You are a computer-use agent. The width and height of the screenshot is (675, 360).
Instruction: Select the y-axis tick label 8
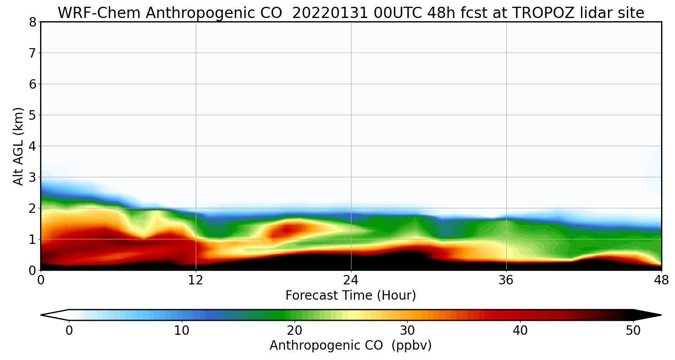[x=32, y=22]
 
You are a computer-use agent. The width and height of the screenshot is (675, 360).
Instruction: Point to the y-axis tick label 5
[x=32, y=115]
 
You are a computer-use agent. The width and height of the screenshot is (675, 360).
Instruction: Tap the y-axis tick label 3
[x=32, y=177]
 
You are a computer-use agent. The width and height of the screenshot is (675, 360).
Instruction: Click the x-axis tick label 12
[x=196, y=281]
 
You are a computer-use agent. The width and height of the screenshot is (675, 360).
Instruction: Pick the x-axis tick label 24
[x=351, y=281]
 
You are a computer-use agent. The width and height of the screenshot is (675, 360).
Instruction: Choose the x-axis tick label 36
[x=506, y=281]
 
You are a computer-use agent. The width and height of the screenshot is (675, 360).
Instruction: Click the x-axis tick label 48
[x=661, y=281]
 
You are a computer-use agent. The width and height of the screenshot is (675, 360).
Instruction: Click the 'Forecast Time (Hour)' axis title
[x=351, y=296]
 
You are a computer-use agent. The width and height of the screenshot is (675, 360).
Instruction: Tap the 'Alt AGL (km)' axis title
[x=18, y=146]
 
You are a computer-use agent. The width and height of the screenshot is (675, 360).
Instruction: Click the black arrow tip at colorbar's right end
[x=652, y=315]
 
